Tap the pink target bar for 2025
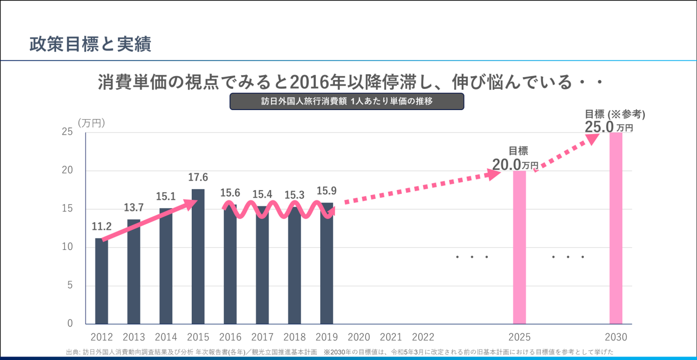click(519, 248)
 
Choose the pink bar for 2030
click(616, 229)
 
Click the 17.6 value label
click(198, 178)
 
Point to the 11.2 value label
click(102, 227)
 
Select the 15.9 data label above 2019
click(327, 192)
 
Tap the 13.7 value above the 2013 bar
click(134, 208)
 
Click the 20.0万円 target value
click(515, 164)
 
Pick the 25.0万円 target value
click(609, 127)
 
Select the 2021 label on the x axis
click(391, 337)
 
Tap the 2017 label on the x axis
click(262, 337)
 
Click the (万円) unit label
click(91, 123)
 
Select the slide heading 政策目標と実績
click(90, 44)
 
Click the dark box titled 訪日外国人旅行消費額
click(347, 101)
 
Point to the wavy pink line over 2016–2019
click(278, 210)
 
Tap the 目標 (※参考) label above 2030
click(615, 114)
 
